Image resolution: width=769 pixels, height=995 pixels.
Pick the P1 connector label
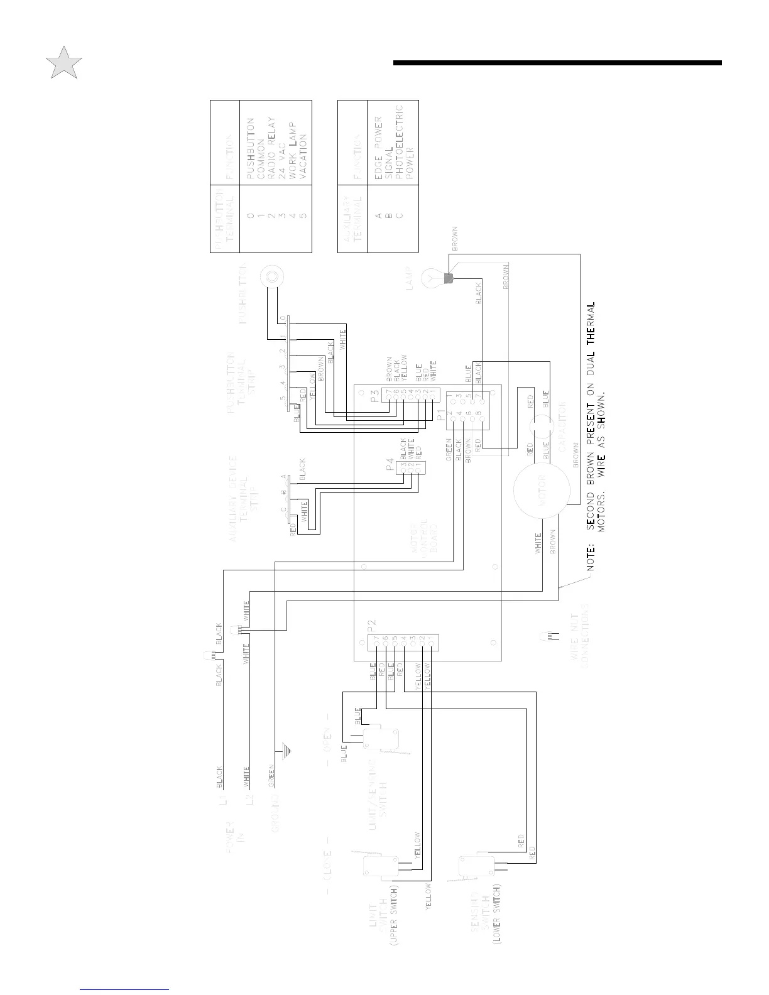point(440,415)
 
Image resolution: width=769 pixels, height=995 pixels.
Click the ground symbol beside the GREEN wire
point(288,750)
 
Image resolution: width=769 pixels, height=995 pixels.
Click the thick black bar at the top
point(557,63)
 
